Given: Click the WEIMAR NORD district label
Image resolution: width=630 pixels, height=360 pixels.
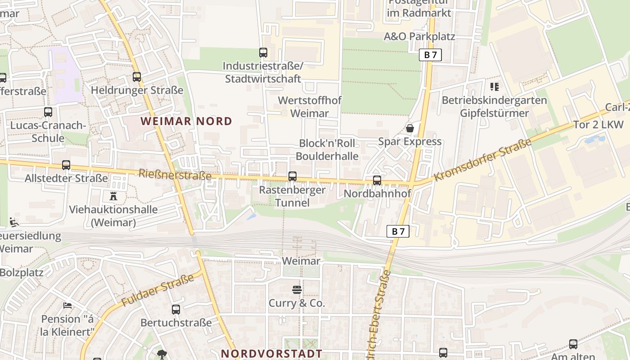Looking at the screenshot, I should pyautogui.click(x=186, y=121).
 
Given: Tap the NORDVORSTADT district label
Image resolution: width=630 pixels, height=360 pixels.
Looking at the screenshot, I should pyautogui.click(x=272, y=354).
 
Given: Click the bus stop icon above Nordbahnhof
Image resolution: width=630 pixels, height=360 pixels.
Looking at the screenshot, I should pyautogui.click(x=377, y=180).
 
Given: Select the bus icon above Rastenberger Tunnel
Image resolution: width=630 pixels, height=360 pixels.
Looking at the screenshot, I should pyautogui.click(x=292, y=176).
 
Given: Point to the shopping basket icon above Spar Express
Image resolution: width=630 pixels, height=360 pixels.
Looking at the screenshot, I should pyautogui.click(x=410, y=128).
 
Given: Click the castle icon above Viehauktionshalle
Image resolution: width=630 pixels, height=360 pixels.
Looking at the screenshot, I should pyautogui.click(x=113, y=196).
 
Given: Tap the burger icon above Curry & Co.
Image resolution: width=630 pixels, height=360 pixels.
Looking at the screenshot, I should pyautogui.click(x=297, y=289).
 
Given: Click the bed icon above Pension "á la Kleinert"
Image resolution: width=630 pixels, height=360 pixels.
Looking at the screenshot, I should pyautogui.click(x=67, y=306).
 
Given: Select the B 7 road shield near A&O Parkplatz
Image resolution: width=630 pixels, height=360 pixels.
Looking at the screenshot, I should pyautogui.click(x=431, y=55).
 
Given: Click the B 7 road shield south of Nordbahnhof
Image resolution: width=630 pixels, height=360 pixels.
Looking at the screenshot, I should pyautogui.click(x=398, y=231).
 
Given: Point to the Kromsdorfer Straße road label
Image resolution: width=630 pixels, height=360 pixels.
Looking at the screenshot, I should pyautogui.click(x=482, y=160).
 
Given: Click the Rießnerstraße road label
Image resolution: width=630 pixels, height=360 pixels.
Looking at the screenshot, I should pyautogui.click(x=175, y=174).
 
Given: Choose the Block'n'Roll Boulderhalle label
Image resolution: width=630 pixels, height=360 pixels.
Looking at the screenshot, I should pyautogui.click(x=327, y=150).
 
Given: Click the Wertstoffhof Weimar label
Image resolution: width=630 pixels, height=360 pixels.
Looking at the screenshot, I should pyautogui.click(x=310, y=107).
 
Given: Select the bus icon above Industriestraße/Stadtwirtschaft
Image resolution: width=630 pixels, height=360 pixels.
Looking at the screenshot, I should pyautogui.click(x=263, y=53).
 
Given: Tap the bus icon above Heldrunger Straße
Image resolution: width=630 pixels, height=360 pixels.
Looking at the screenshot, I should pyautogui.click(x=137, y=77).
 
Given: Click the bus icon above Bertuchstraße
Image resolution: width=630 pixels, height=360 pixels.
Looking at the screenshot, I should pyautogui.click(x=176, y=310).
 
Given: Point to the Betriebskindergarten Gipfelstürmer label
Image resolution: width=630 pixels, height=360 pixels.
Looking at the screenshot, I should pyautogui.click(x=494, y=107).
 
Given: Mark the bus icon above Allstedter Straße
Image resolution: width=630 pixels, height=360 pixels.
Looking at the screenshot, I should pyautogui.click(x=66, y=165).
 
